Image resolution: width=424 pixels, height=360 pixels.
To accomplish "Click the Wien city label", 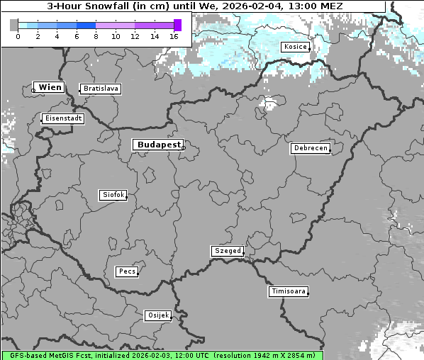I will pos(50,87).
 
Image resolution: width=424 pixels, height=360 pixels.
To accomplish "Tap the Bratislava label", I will pos(100,89).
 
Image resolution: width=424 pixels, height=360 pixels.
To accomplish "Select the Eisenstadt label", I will pos(62,118).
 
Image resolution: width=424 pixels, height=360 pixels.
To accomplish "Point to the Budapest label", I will pos(158,145).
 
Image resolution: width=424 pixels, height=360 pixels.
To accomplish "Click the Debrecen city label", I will pos(310,149).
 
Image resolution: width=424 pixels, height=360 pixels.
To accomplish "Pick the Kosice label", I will pos(294,47).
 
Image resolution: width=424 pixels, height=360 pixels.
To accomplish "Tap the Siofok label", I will pos(113,195).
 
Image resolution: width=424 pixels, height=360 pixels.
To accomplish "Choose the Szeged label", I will pos(228,251).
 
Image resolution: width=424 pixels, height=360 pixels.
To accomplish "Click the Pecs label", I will pos(126,271).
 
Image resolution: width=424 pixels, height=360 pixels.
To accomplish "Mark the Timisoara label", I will pos(289,291).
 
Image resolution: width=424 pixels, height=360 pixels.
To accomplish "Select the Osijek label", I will pos(157,315).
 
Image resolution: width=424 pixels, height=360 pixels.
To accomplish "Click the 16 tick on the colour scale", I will pos(174,36).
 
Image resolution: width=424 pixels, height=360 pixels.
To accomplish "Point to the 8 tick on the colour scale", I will pos(96,36).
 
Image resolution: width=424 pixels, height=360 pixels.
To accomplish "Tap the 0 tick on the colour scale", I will pos(18,36).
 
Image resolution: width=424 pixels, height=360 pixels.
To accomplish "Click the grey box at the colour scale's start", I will pos(14,25).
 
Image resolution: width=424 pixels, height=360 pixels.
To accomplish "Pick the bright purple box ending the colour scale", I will pos(177,25).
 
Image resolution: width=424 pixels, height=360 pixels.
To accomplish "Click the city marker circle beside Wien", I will pos(33,90).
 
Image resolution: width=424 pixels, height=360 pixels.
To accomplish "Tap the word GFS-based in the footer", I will pos(23,355).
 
